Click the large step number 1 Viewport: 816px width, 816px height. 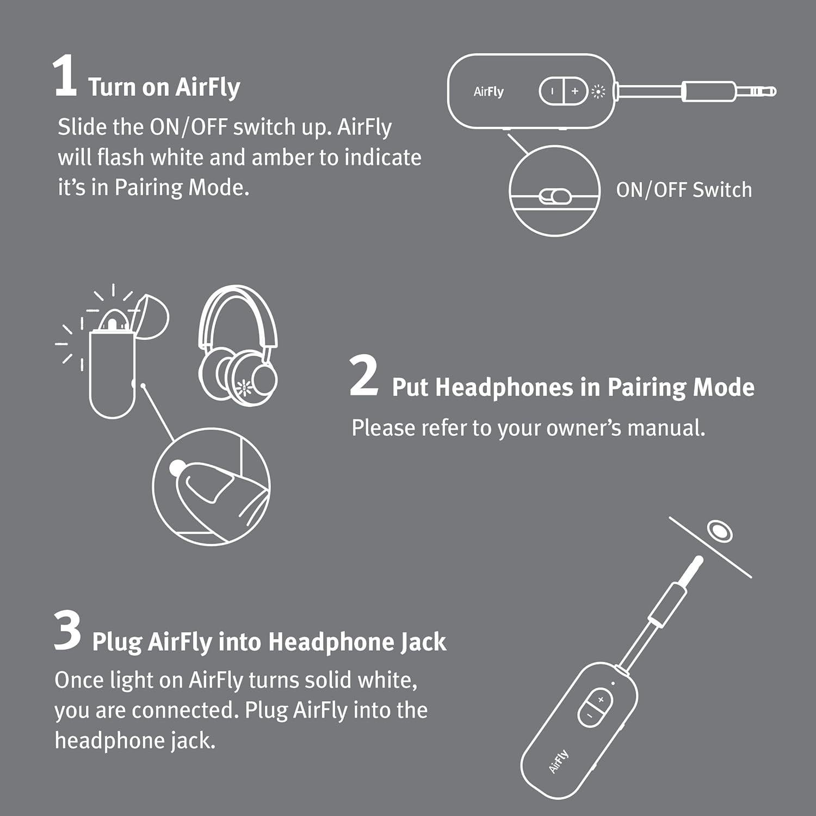point(65,78)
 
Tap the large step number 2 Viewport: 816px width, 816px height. point(363,376)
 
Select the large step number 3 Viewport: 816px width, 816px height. point(67,630)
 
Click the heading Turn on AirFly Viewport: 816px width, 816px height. point(164,88)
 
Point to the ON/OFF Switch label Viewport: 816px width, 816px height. point(684,190)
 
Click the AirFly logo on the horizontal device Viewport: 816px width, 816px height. point(489,92)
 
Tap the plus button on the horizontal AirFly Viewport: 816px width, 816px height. point(575,91)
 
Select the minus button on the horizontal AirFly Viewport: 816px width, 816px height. point(552,91)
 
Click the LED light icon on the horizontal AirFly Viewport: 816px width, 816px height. point(598,92)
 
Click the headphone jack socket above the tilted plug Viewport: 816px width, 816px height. point(719,530)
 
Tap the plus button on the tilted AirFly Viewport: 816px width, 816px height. point(601,700)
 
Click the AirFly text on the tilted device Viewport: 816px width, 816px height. point(559,761)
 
